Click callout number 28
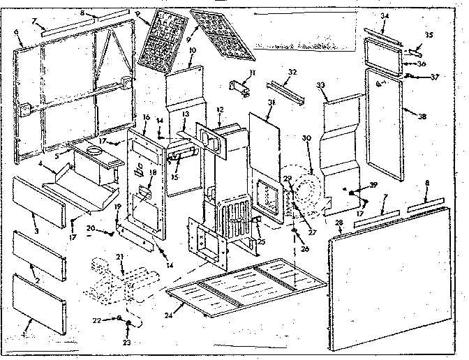339,223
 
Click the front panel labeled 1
40,305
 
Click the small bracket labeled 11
238,90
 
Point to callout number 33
322,85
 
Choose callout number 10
192,51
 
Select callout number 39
375,186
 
